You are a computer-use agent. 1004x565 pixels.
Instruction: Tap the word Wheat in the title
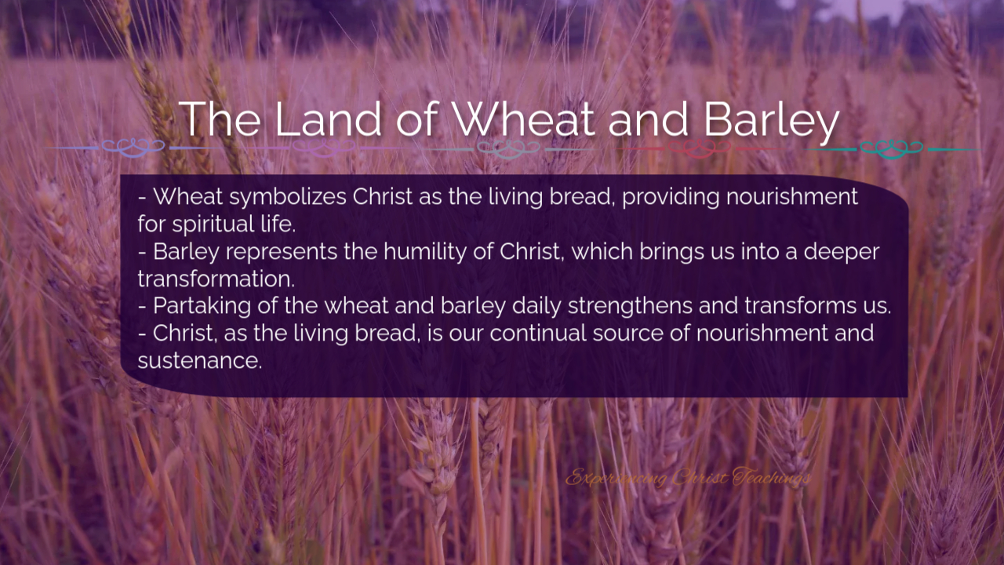pos(523,118)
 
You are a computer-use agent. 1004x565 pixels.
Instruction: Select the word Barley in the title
pos(772,121)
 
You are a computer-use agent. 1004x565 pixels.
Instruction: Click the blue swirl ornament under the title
pos(133,148)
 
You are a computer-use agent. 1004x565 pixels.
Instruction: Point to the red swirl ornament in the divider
pos(699,148)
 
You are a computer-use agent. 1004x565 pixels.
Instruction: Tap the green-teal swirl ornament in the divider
pos(892,148)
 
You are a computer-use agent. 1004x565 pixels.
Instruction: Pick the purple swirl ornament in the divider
pos(324,148)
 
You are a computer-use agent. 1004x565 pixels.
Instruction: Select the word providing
pos(671,197)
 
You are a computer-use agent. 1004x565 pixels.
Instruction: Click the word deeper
pos(842,253)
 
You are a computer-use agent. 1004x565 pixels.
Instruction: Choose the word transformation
pos(216,279)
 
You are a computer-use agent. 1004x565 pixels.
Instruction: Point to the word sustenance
pos(199,361)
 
